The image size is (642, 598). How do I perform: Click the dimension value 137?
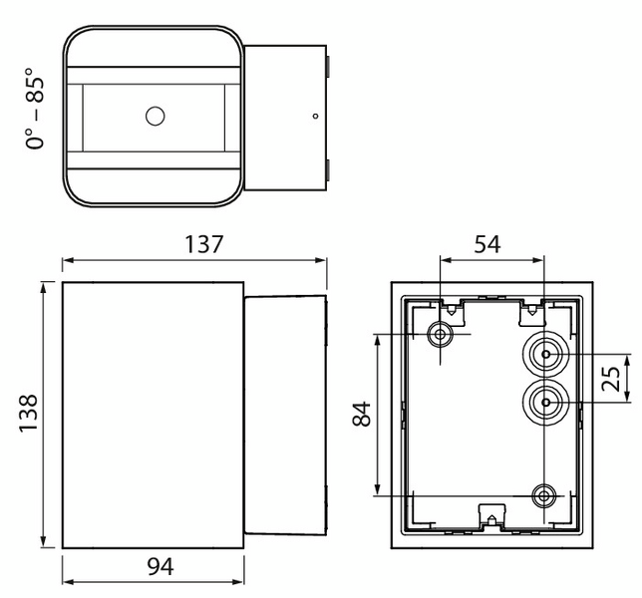tap(194, 244)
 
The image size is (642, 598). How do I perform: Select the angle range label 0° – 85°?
tap(36, 108)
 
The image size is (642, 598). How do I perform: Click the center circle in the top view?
tap(155, 116)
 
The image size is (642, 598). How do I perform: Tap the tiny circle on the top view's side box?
tap(315, 116)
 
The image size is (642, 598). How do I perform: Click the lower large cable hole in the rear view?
tap(544, 402)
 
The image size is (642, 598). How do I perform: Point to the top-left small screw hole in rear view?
tap(439, 334)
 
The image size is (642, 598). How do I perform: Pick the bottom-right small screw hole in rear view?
tap(544, 494)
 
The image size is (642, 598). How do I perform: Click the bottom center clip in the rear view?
tap(489, 515)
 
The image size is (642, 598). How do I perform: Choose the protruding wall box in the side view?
tap(285, 414)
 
